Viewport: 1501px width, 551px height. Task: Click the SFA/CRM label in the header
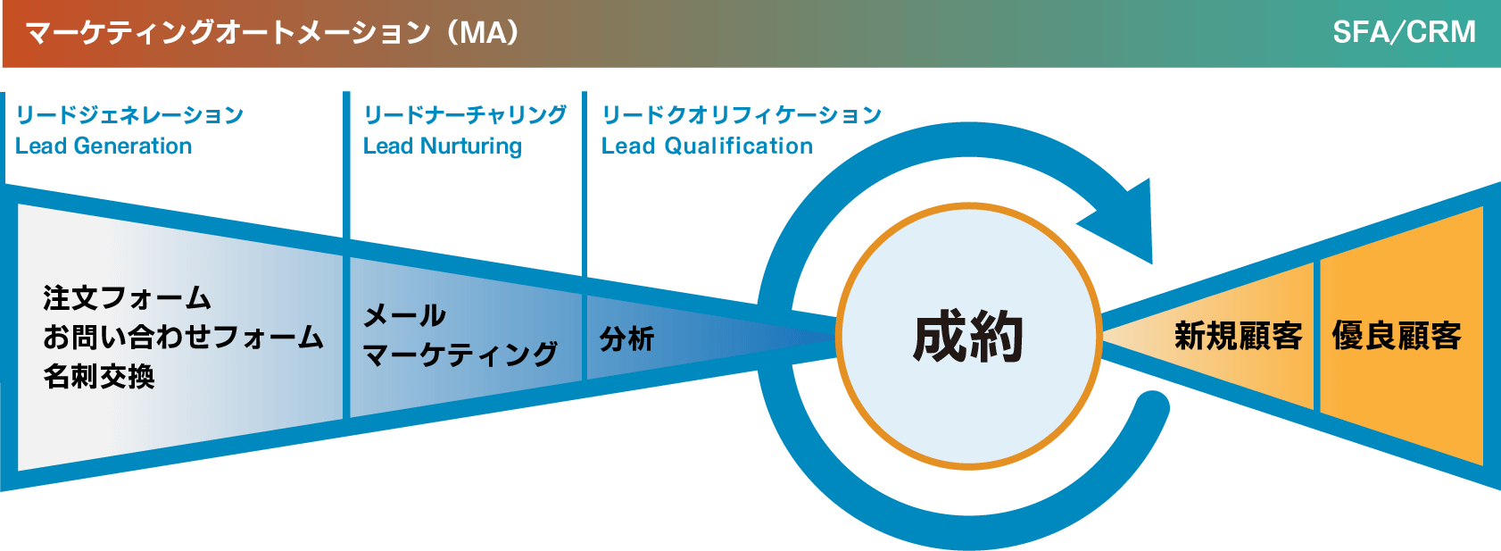click(x=1404, y=33)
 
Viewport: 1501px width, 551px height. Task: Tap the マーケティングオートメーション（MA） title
click(x=273, y=33)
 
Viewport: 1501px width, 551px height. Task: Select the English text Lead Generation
click(x=104, y=146)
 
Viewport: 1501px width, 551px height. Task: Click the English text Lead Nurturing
click(x=442, y=146)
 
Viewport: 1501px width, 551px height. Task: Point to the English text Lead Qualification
click(x=707, y=146)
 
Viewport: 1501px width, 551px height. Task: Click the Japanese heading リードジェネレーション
click(x=129, y=115)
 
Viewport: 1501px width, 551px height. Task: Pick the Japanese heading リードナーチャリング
click(x=465, y=115)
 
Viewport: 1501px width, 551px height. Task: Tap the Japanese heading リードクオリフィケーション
click(x=742, y=115)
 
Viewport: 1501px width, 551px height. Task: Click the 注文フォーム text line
click(x=127, y=297)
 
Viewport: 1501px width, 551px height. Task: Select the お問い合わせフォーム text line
click(x=183, y=337)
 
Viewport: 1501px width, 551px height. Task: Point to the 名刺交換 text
click(x=99, y=377)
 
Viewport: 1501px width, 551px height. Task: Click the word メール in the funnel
click(x=404, y=315)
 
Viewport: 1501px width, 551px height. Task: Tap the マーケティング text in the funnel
click(x=460, y=355)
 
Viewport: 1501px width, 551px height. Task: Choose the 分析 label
click(x=627, y=339)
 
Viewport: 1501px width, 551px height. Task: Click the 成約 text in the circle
click(x=967, y=338)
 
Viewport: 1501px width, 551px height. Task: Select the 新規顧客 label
click(x=1238, y=336)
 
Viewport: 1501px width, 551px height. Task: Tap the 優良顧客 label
click(x=1397, y=336)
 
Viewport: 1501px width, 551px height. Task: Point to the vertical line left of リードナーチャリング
click(x=347, y=165)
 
